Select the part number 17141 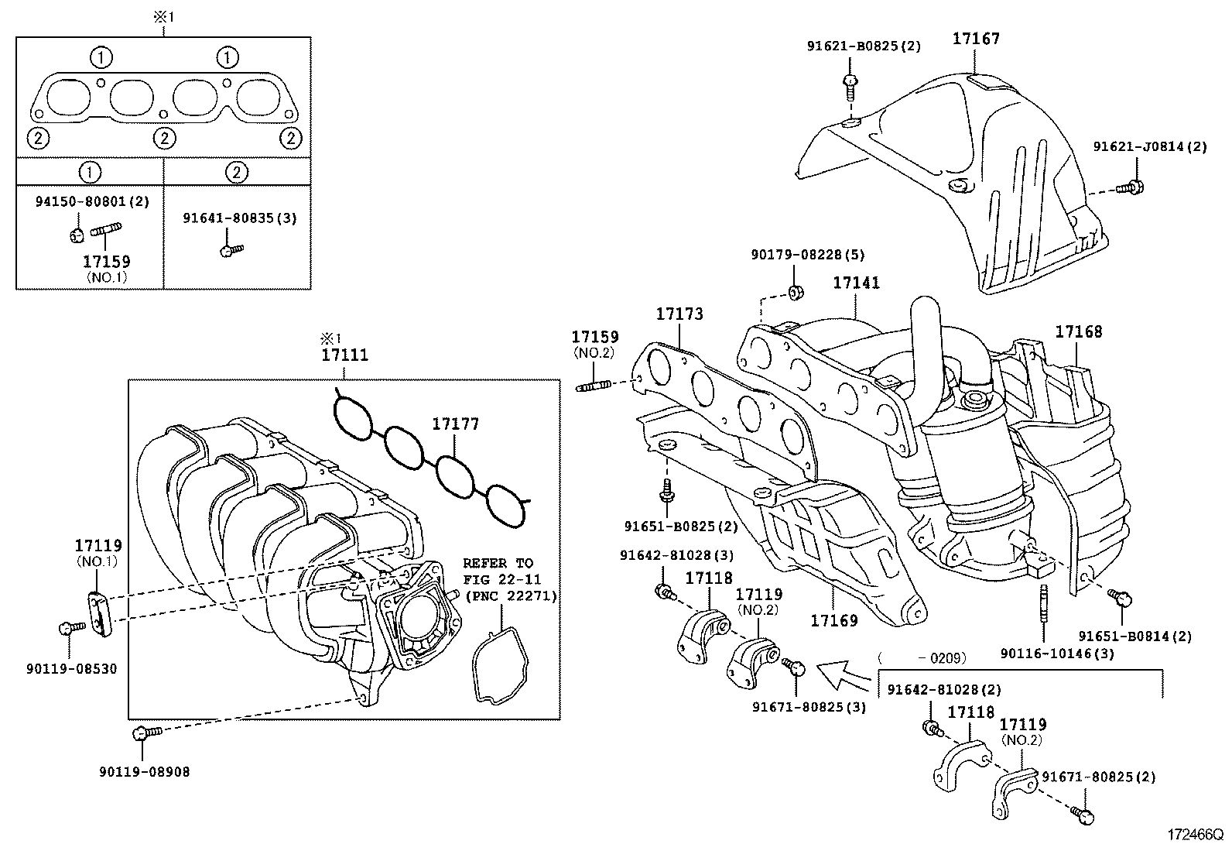(856, 283)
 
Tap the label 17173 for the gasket (679, 314)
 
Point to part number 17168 (1078, 332)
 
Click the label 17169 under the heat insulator (834, 620)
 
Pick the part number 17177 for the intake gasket (455, 424)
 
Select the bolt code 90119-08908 (144, 771)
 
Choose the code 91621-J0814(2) (1149, 146)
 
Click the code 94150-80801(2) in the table (92, 201)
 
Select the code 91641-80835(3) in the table (239, 218)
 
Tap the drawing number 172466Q (1195, 836)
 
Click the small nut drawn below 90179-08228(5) (795, 292)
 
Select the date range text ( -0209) (922, 658)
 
